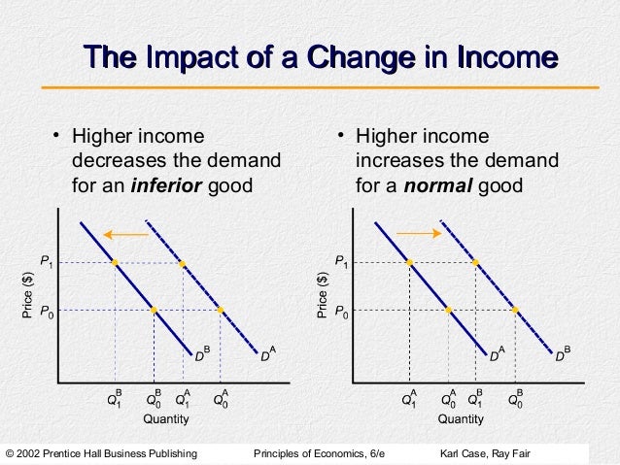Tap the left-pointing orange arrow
[124, 234]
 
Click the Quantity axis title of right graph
[461, 419]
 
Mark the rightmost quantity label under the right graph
[516, 397]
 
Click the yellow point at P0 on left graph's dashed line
[221, 311]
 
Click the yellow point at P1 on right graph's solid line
[410, 262]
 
